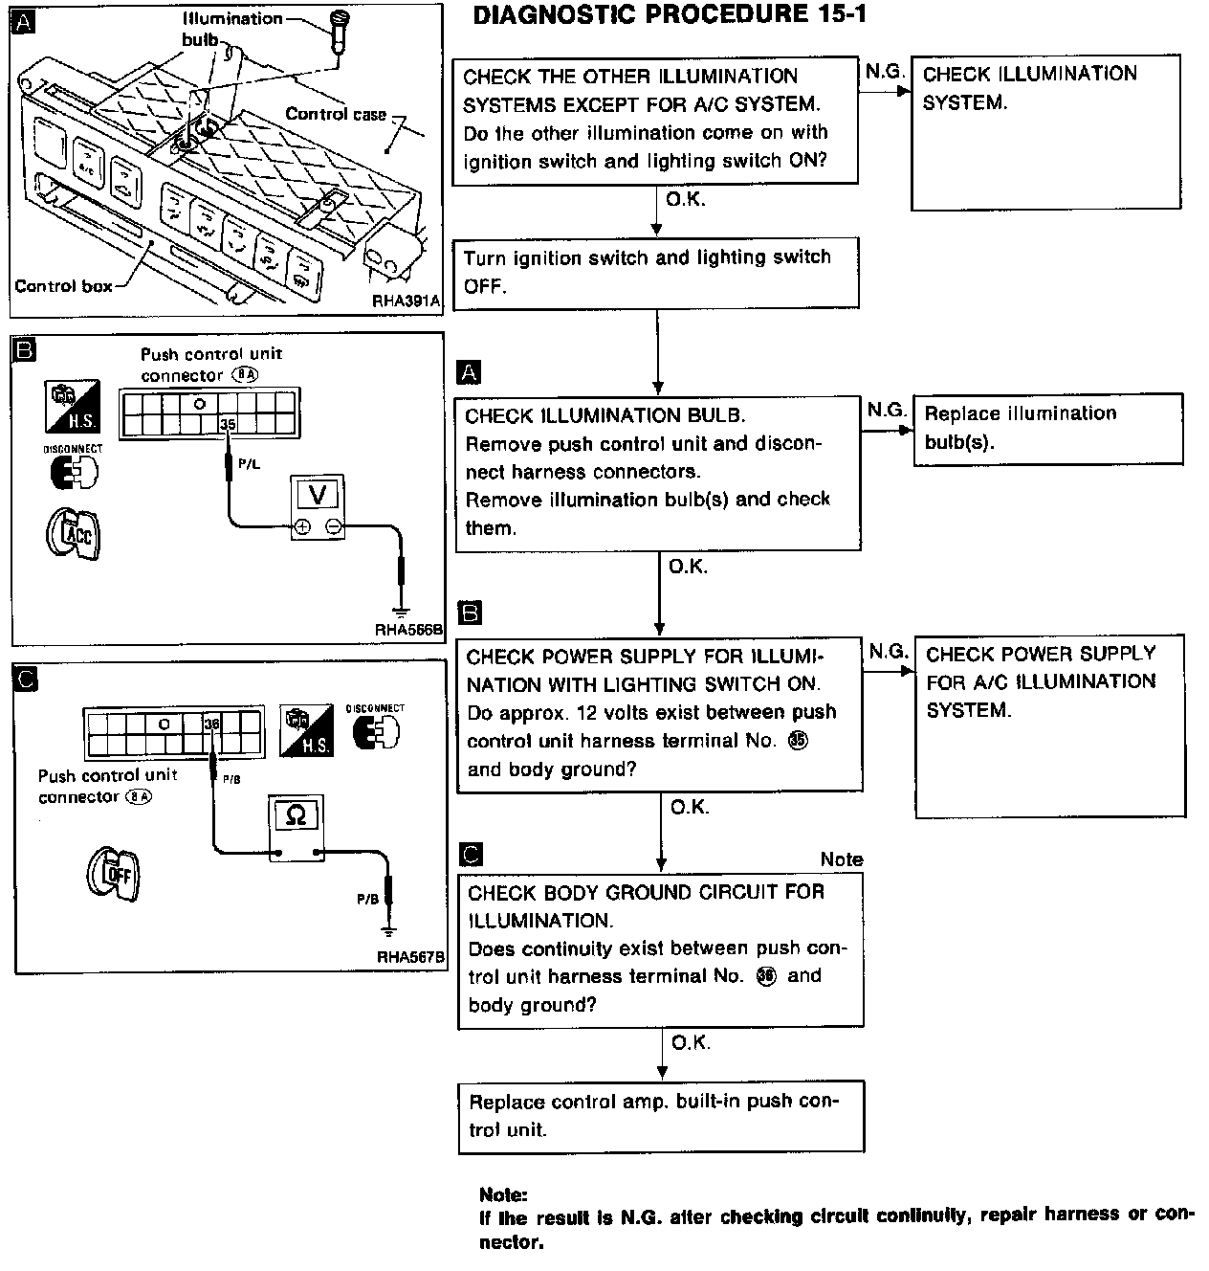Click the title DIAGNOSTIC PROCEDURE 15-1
tap(670, 15)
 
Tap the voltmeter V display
tap(318, 495)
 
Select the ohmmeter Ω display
tap(296, 814)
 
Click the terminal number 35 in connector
tap(228, 424)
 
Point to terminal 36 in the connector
tap(212, 724)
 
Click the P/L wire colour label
tap(249, 463)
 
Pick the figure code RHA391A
tap(406, 301)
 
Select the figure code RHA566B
tap(409, 629)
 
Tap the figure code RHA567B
tap(411, 957)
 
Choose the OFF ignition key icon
tap(114, 874)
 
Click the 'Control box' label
tap(63, 286)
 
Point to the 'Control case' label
tap(336, 114)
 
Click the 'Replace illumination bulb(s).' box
tap(1048, 430)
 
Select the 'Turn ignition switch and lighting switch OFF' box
tap(656, 273)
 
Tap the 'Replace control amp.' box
tap(661, 1117)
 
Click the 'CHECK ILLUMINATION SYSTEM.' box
tap(1045, 132)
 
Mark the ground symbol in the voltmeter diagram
tap(401, 611)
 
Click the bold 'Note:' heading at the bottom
tap(503, 1194)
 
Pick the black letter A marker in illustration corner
tap(23, 23)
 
